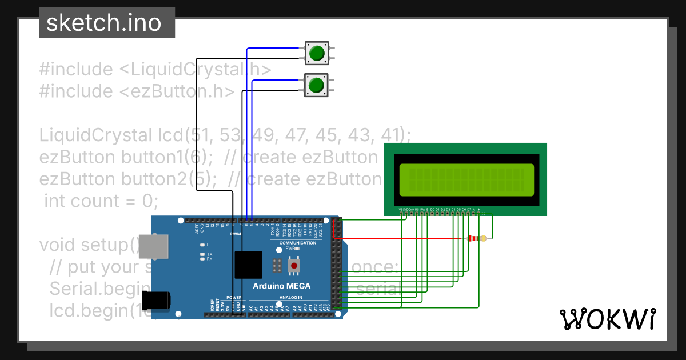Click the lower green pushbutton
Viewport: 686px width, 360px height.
(316, 86)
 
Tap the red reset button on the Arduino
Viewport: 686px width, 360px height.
(294, 266)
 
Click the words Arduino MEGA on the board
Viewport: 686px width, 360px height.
(282, 286)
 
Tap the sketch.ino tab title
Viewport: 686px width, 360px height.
(103, 23)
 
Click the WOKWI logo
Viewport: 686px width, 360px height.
(607, 318)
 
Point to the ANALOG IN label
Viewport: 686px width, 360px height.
(291, 298)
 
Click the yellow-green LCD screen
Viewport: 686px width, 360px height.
(466, 178)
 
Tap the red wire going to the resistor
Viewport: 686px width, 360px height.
(400, 238)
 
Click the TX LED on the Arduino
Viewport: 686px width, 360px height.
(202, 254)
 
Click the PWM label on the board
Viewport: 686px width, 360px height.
(236, 234)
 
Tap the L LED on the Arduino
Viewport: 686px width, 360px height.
(202, 245)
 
